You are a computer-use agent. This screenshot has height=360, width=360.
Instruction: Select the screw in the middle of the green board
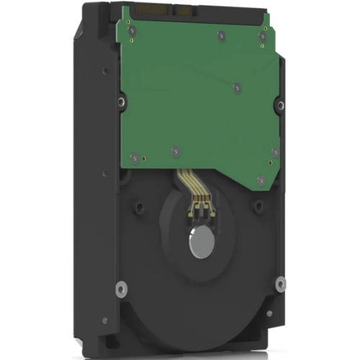coord(237,88)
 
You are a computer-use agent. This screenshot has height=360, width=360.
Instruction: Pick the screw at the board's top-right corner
coord(264,35)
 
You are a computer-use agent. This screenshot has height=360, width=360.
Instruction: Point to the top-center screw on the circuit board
coord(218,34)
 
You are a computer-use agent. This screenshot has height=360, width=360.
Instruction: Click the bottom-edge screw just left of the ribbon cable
coord(174,151)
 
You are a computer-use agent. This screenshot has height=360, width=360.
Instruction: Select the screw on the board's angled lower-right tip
coord(261,180)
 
